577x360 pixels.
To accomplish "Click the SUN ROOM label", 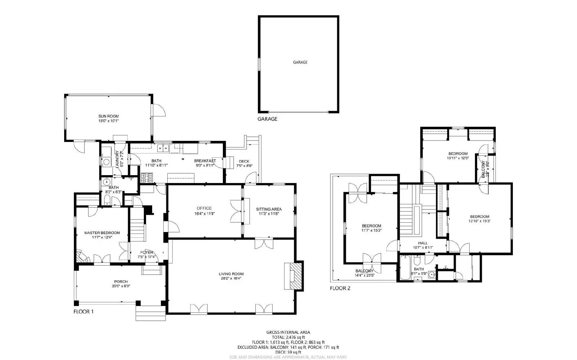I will click(109, 116).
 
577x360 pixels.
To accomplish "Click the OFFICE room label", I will click(204, 208).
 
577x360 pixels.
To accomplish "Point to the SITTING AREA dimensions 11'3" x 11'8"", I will click(269, 214).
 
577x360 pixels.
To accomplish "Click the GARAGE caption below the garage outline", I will click(267, 119).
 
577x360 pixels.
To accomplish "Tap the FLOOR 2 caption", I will click(340, 288).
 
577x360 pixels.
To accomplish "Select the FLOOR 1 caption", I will click(83, 312).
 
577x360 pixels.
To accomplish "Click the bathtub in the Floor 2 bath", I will click(405, 268).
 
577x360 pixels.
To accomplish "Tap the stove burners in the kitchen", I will click(147, 177).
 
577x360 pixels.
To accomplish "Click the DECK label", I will click(244, 161).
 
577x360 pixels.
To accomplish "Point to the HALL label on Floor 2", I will click(423, 243).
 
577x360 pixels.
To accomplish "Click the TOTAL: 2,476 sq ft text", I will click(288, 337).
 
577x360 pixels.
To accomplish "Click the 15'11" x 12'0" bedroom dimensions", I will click(458, 158).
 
